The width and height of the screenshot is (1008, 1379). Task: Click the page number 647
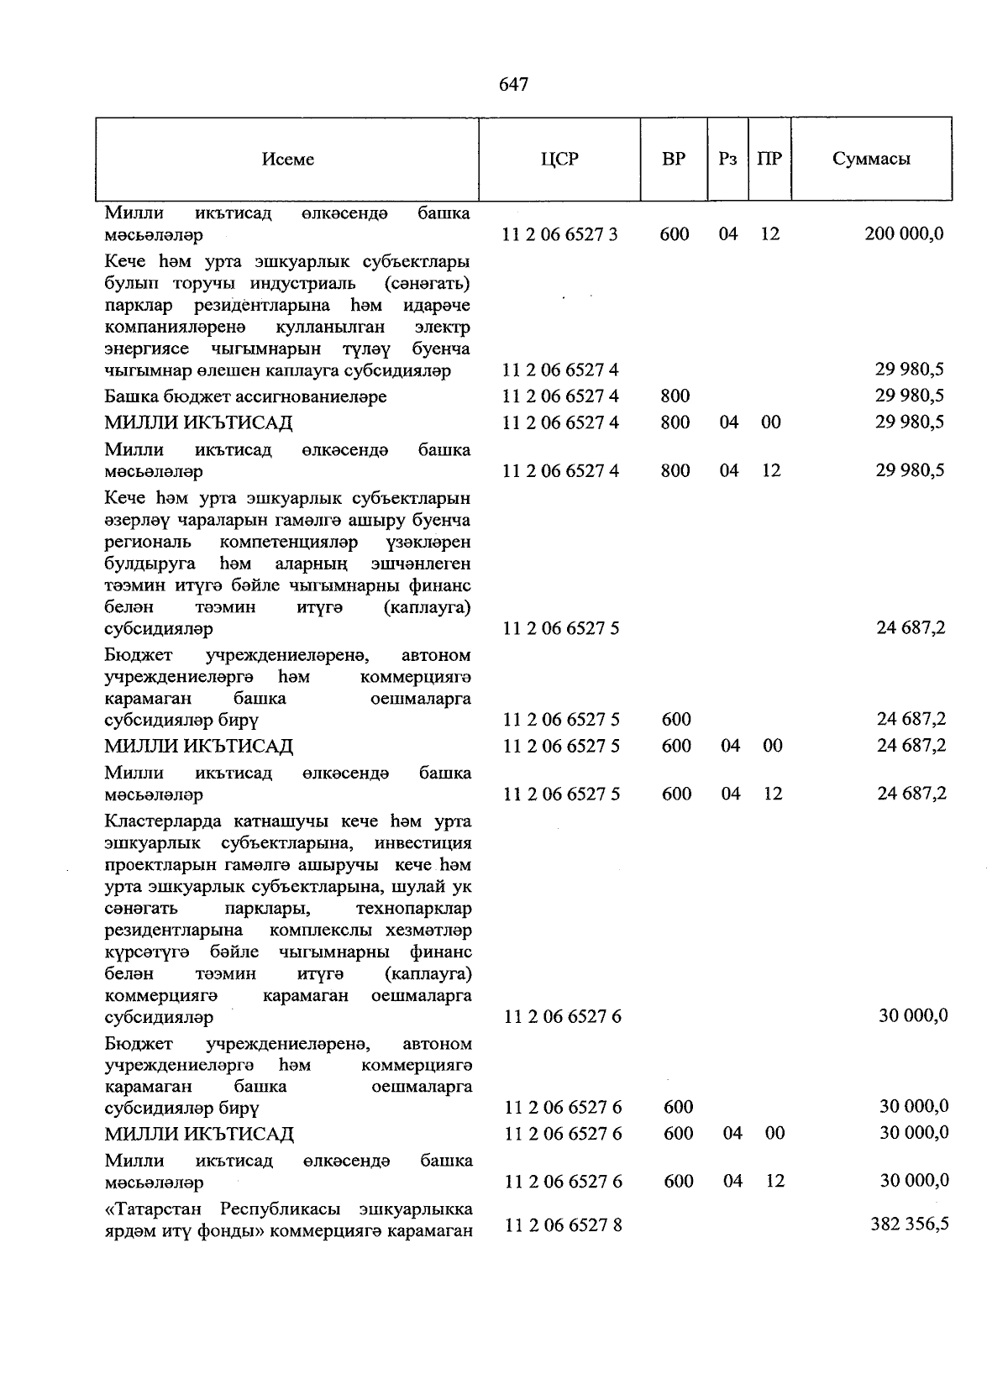(x=513, y=84)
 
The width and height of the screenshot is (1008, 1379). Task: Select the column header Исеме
(x=287, y=160)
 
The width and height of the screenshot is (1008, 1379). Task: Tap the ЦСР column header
(x=560, y=159)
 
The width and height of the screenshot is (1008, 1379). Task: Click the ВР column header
(x=674, y=159)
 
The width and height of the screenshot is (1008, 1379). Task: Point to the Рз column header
(x=727, y=159)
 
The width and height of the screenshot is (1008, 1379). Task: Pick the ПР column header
(x=769, y=159)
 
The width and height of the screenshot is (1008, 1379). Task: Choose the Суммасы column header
(x=872, y=159)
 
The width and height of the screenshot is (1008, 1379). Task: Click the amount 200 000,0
(x=904, y=234)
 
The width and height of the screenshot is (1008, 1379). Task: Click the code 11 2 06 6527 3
(x=560, y=234)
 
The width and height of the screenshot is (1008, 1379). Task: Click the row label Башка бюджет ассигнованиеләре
(x=245, y=396)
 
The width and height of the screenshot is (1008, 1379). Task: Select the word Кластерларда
(x=163, y=821)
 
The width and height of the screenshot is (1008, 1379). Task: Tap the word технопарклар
(x=413, y=909)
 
